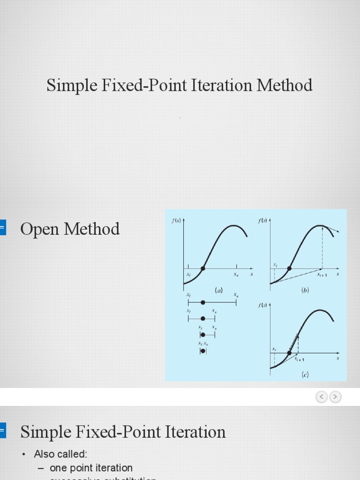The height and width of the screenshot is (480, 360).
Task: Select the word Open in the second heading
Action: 40,229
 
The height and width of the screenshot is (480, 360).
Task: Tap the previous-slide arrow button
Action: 322,397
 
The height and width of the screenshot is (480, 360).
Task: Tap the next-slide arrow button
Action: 335,397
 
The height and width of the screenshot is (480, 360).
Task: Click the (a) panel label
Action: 218,291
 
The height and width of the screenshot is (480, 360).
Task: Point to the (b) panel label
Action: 305,291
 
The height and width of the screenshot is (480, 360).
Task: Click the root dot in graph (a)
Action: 203,269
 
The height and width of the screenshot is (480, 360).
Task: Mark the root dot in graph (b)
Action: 289,269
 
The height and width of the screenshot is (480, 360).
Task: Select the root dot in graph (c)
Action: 289,353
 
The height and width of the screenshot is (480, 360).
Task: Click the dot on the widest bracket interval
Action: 203,303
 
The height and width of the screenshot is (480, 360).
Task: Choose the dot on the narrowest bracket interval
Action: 202,351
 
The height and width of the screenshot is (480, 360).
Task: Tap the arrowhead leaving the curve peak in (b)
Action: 337,232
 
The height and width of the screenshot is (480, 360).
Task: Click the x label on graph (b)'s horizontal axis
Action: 338,275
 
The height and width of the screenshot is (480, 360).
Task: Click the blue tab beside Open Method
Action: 2,228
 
